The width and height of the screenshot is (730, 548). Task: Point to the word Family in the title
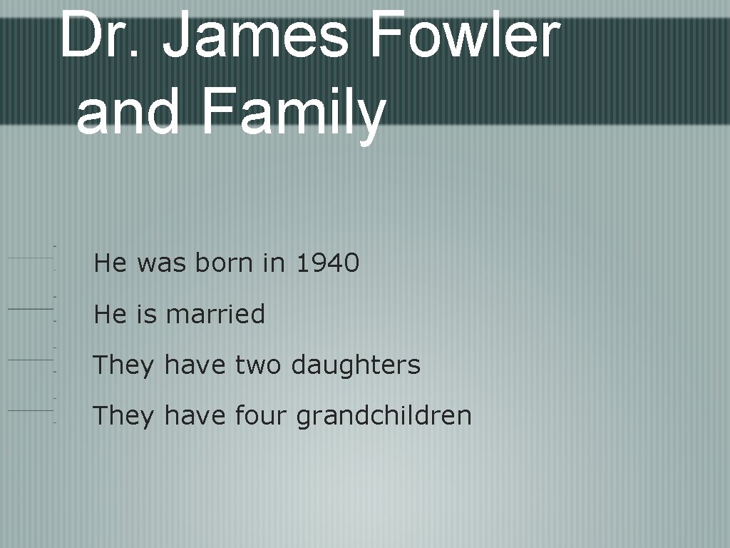pos(293,113)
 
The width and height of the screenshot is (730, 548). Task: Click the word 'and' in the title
pos(128,113)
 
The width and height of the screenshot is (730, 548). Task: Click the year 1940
pos(327,263)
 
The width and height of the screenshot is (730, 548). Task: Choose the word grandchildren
pos(384,415)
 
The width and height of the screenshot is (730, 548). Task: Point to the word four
pos(262,415)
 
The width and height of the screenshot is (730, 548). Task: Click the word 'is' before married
pos(145,314)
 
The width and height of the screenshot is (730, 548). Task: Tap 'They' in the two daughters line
pos(123,365)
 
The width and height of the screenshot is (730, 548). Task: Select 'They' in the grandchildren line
pos(123,415)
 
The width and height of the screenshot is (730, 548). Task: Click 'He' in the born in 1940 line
pos(110,263)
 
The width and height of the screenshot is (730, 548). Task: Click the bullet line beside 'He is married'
pos(30,309)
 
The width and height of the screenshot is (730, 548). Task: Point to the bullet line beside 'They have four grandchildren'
pos(30,410)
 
